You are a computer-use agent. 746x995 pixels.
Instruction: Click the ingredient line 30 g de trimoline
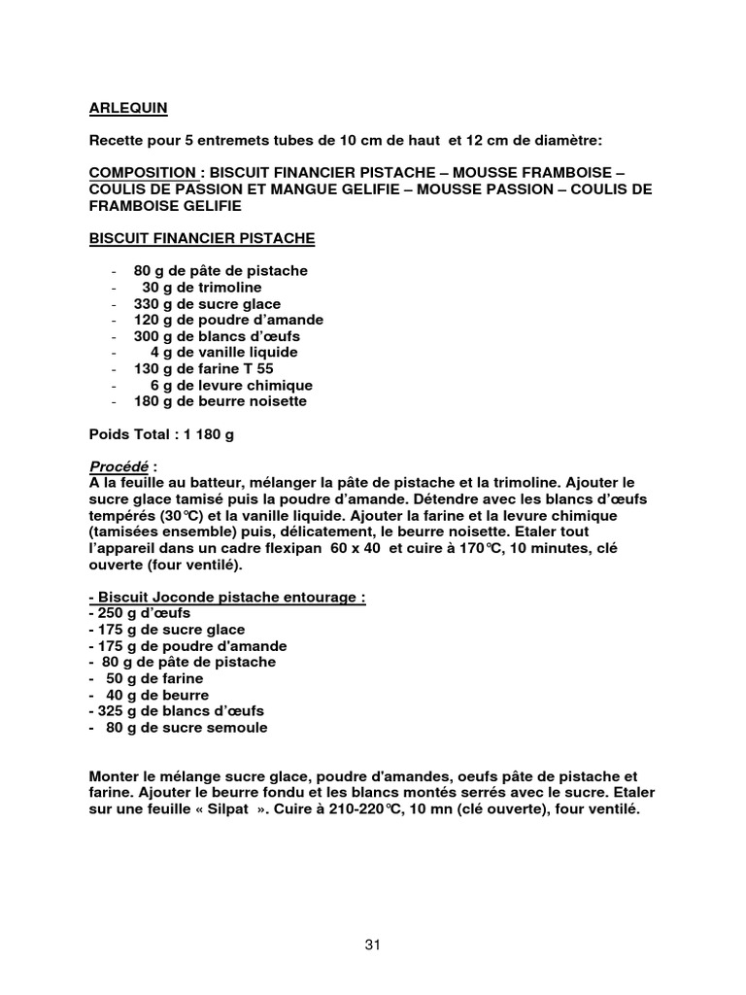[x=202, y=288]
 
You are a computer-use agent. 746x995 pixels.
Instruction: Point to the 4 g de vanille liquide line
[x=223, y=352]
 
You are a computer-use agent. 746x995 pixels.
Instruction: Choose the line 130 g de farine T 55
[x=204, y=368]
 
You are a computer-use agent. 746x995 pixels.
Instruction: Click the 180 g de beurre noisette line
[x=220, y=401]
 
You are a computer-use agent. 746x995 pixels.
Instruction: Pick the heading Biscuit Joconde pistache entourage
[x=226, y=598]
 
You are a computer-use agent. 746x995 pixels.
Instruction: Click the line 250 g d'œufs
[x=139, y=614]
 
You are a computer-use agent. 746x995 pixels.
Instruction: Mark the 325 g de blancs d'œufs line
[x=175, y=711]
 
